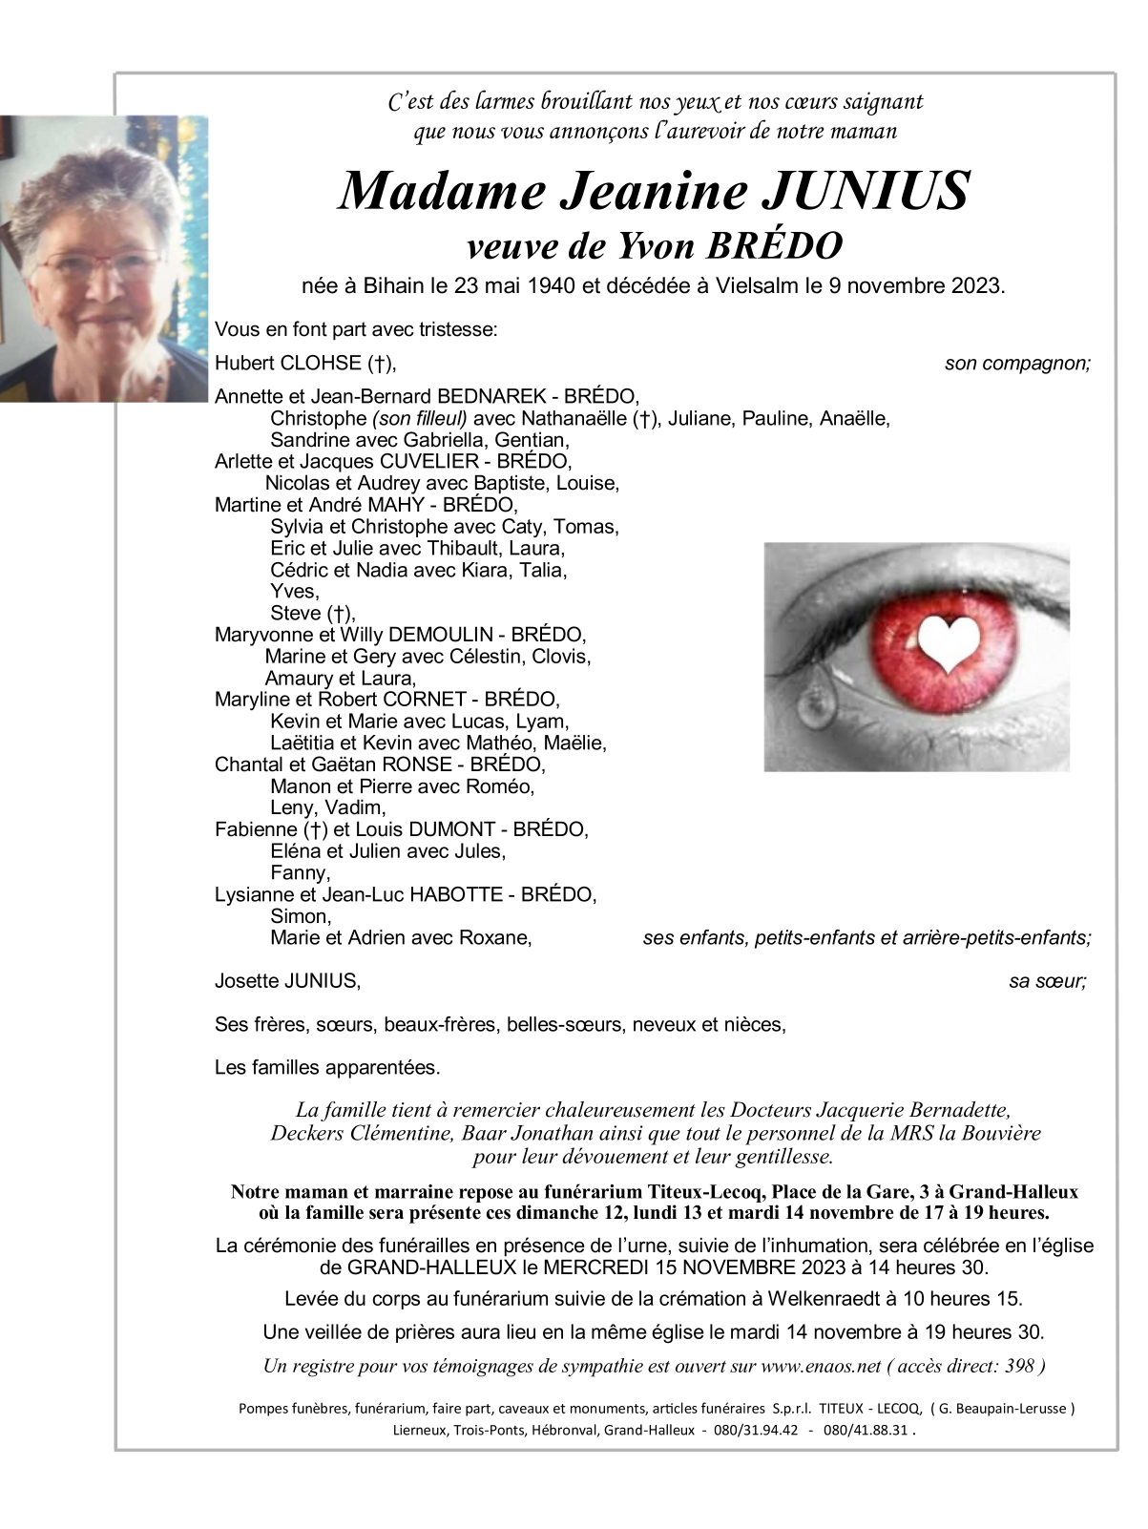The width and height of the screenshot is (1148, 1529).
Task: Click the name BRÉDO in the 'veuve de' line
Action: point(774,246)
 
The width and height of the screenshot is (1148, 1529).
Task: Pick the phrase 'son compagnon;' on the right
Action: point(1017,363)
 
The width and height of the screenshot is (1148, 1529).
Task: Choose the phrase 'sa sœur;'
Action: point(1047,980)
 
